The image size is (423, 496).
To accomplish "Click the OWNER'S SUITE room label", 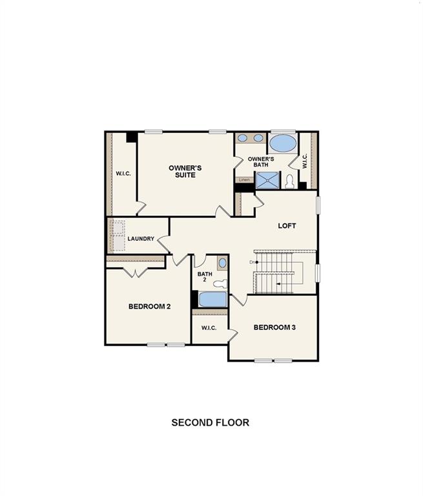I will point(185,171).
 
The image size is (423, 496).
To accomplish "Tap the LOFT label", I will point(287,225).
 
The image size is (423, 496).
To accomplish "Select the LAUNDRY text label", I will point(141,239).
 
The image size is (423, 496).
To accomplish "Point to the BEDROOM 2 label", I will point(149,306).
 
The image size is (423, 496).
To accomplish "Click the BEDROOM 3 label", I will point(274,327).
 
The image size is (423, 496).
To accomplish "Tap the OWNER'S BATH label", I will point(261,161).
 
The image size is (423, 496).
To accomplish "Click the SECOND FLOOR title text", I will point(210,422).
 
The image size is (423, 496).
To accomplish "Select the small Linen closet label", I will point(244,180).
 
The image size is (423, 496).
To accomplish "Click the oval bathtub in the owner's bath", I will point(282,142).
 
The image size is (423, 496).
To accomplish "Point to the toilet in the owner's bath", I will point(290,181).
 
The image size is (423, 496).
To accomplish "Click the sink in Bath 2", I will point(222,263).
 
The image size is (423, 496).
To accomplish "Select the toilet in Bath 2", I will point(220,283).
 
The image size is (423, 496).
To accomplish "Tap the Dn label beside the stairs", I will point(253,262).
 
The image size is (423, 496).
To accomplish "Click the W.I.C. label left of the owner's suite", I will point(123,173).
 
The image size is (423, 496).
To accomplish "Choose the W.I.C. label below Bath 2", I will point(208,328).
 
